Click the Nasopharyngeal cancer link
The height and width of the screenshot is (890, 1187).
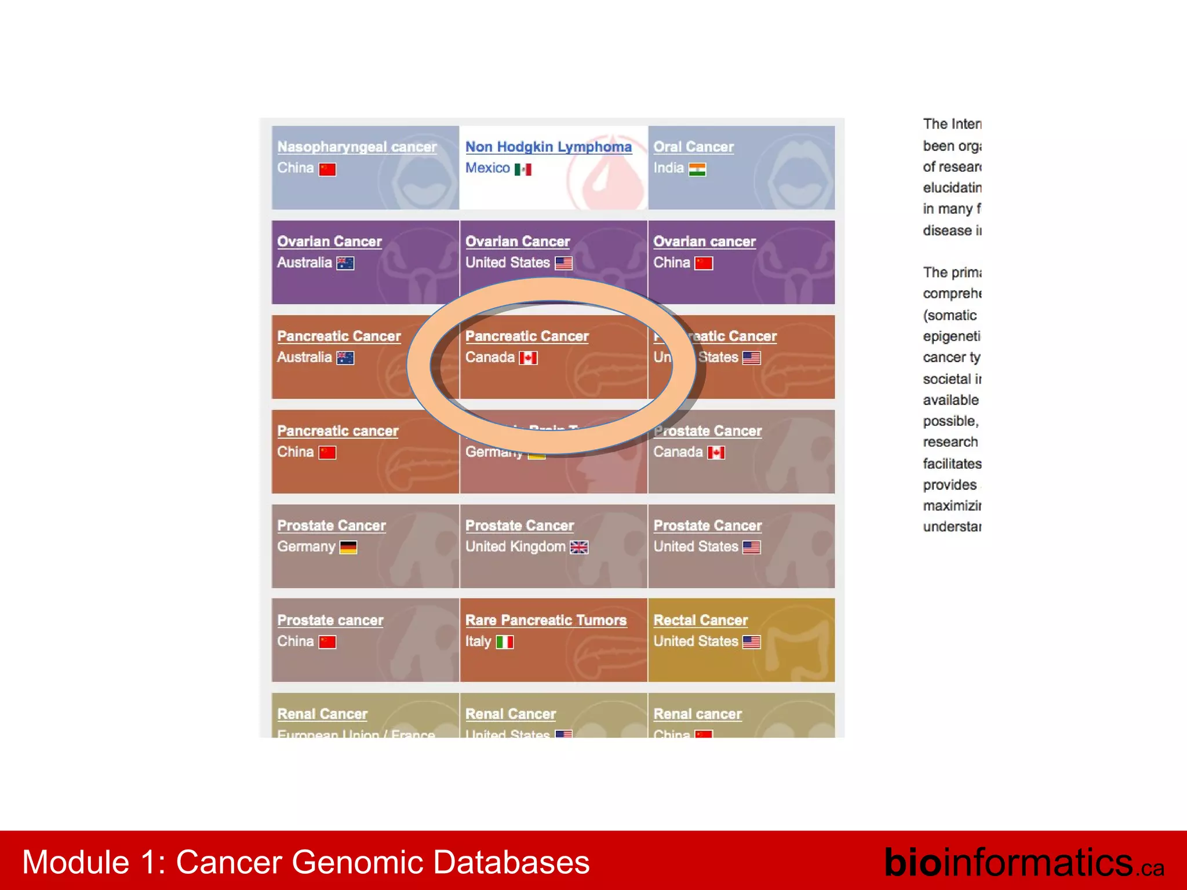tap(357, 147)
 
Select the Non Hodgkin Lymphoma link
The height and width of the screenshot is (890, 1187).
tap(548, 147)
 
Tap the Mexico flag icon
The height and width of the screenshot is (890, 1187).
tap(523, 169)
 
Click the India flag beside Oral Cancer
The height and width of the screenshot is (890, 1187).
tap(697, 169)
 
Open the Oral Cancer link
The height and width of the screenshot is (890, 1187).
tap(693, 147)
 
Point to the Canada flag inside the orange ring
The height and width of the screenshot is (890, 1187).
tap(528, 358)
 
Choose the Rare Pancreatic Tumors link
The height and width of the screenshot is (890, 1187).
tap(546, 620)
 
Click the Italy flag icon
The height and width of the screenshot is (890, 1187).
tap(505, 642)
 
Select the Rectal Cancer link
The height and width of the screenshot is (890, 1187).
tap(701, 620)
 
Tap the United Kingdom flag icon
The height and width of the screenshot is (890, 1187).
tap(579, 547)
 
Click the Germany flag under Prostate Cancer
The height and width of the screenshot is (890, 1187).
tap(348, 547)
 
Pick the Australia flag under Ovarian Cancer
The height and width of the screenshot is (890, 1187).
tap(345, 263)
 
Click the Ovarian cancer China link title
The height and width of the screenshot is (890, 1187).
tap(704, 242)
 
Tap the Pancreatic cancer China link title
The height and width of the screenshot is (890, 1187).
tap(338, 431)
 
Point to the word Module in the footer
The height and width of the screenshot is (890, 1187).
tap(75, 862)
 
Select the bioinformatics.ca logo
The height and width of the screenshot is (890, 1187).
tap(1024, 862)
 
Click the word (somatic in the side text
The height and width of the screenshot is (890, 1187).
tap(950, 315)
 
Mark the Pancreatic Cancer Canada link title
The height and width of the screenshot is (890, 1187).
tap(527, 337)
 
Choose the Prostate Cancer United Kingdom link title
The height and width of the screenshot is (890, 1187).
tap(519, 526)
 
